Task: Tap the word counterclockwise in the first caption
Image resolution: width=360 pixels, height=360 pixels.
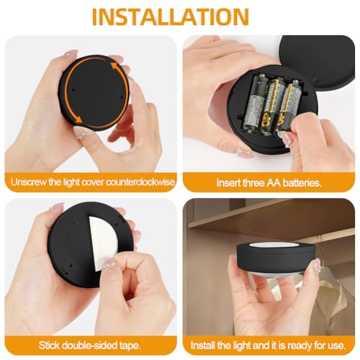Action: [142, 182]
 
